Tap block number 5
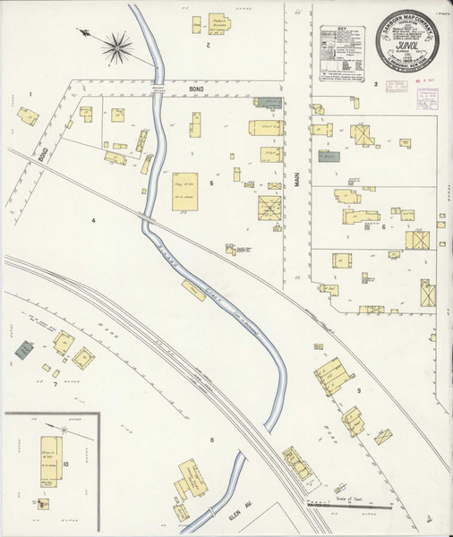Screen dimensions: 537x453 [x=211, y=183]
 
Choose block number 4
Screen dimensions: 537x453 [x=92, y=219]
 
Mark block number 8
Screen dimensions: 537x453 [x=212, y=439]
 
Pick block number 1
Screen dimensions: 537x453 [x=30, y=94]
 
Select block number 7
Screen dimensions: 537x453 [x=56, y=385]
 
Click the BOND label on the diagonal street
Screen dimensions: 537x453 [x=44, y=154]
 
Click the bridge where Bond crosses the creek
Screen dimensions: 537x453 [x=158, y=92]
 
